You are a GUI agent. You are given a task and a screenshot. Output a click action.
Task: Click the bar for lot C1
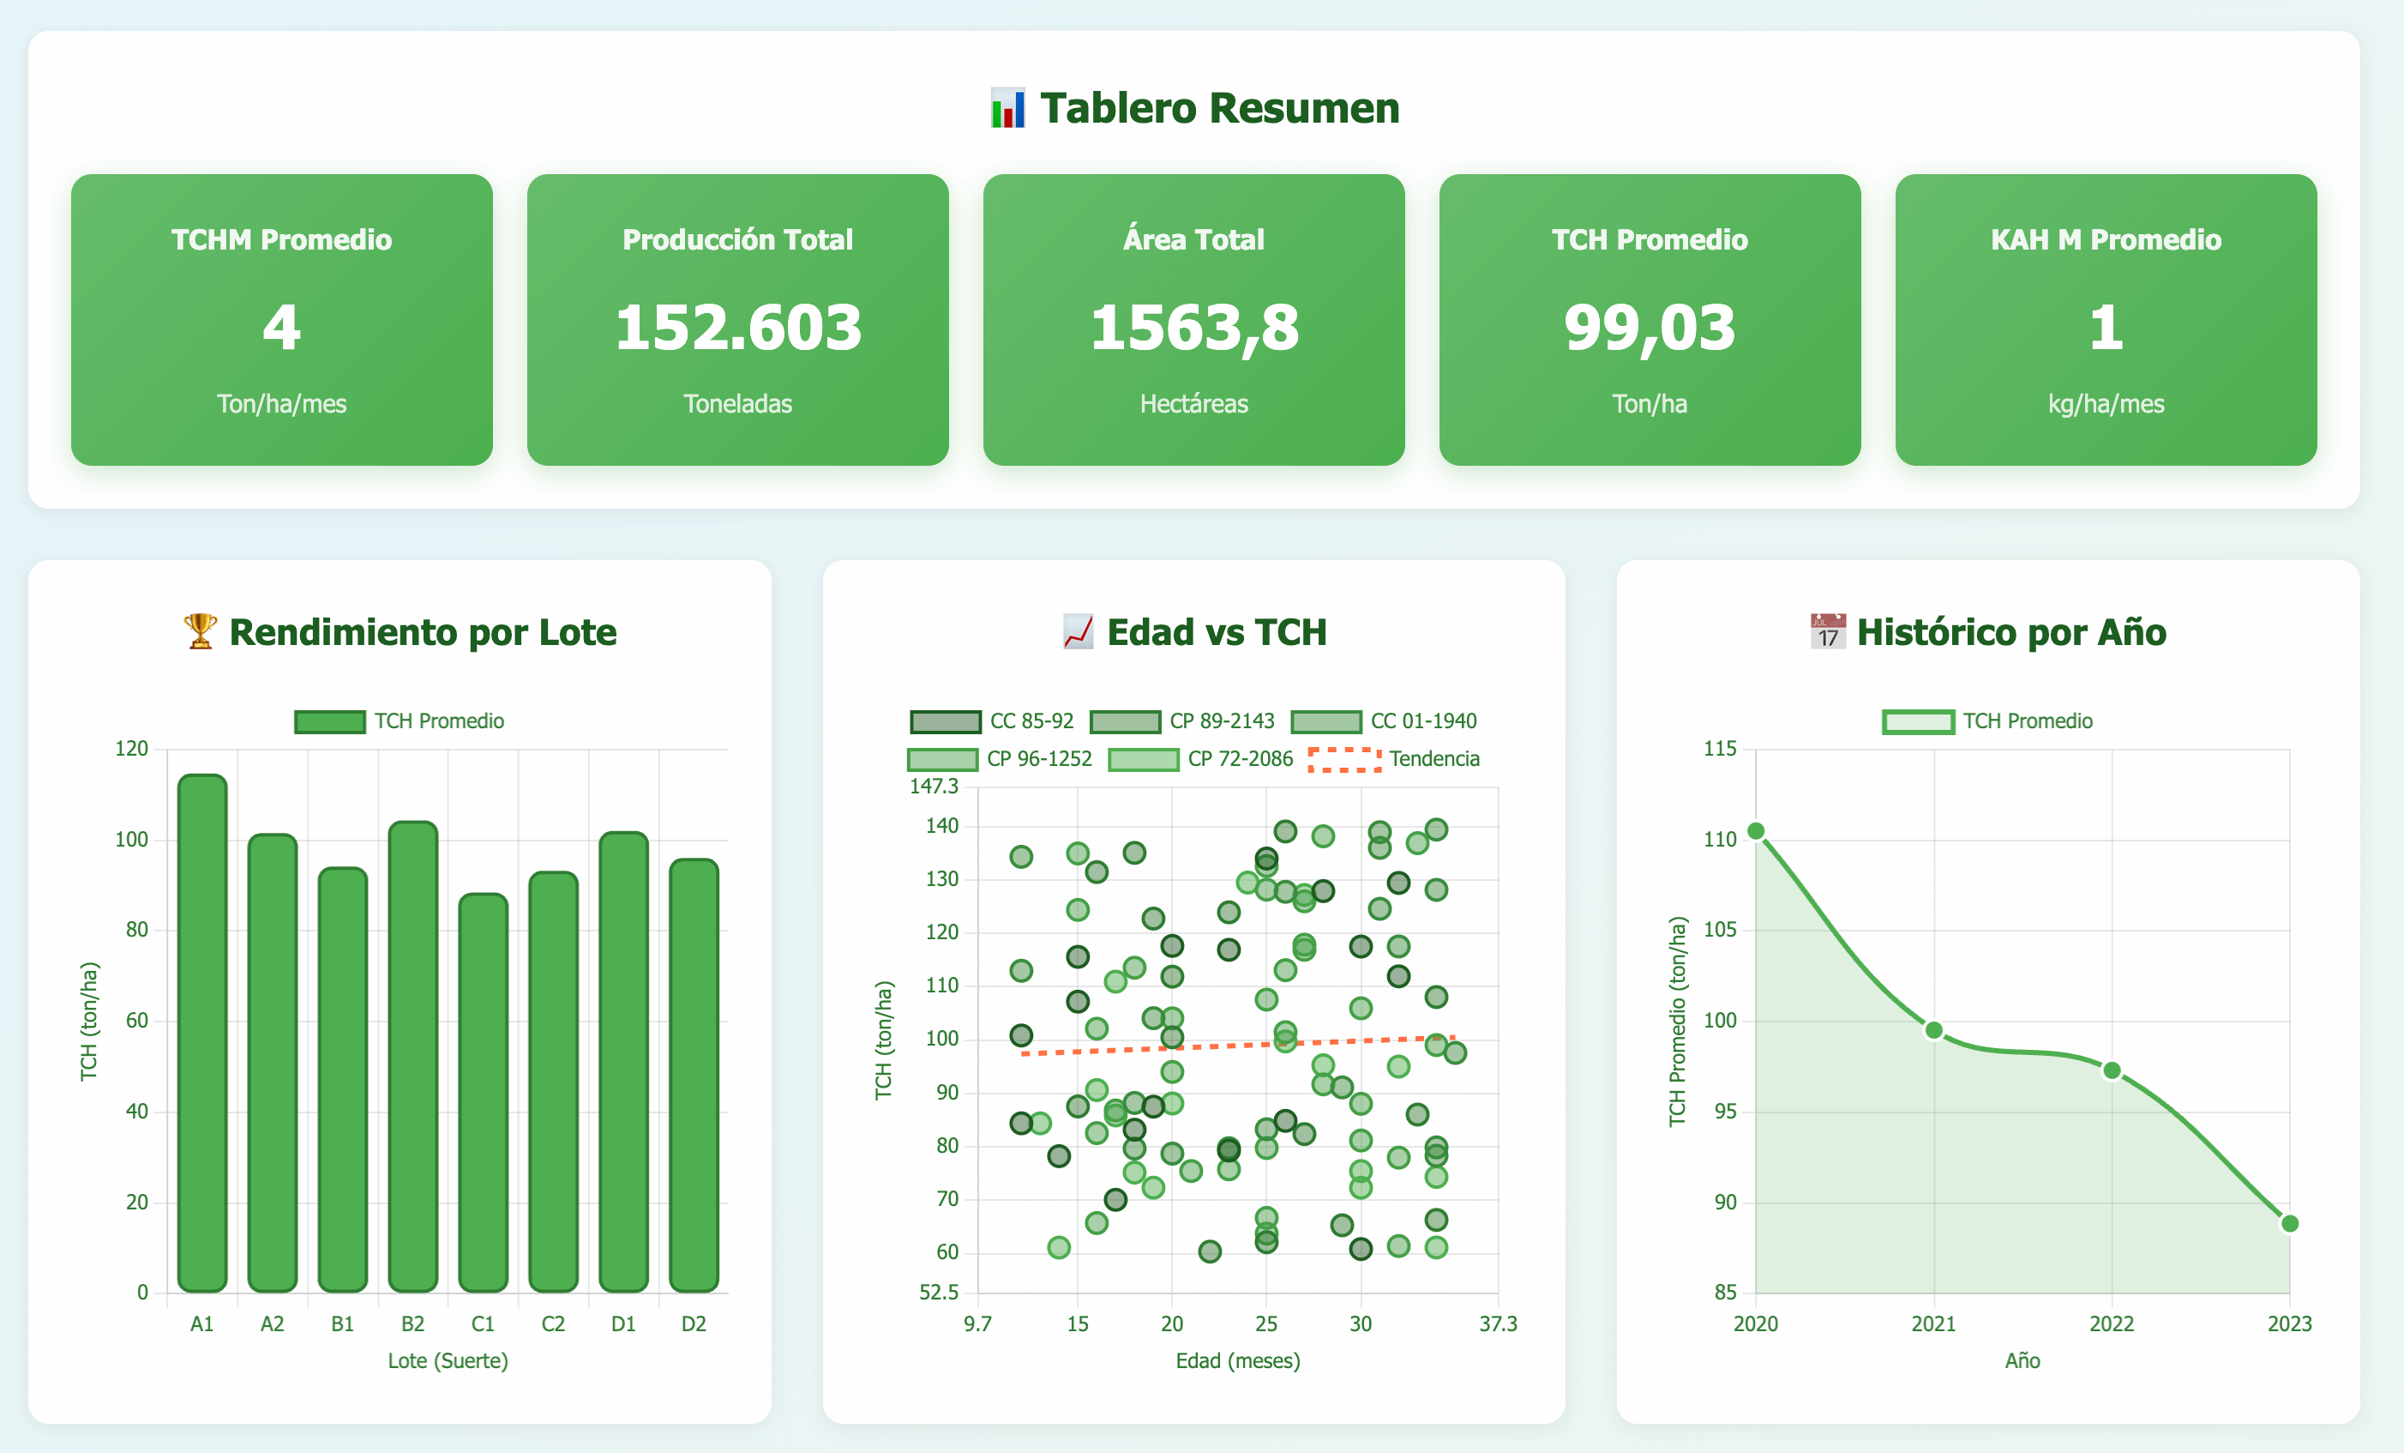click(x=483, y=1092)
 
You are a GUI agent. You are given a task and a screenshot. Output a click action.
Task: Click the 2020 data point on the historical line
click(x=1755, y=831)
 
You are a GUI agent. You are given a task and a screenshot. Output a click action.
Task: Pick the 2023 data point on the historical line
click(x=2289, y=1224)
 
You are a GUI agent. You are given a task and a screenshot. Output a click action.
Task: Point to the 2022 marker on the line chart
click(x=2112, y=1070)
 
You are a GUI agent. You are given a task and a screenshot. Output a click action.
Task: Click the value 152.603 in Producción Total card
click(x=737, y=327)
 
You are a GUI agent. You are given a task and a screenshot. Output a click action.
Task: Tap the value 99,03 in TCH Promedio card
click(x=1649, y=327)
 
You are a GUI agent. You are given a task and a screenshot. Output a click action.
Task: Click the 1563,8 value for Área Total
click(x=1193, y=327)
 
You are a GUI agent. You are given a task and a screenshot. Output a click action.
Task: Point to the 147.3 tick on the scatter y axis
click(x=934, y=787)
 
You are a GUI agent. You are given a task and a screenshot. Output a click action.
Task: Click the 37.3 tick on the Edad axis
click(x=1498, y=1324)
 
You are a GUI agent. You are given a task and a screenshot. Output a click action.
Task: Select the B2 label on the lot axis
click(x=412, y=1324)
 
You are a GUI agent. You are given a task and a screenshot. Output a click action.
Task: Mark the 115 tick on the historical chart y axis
click(x=1720, y=749)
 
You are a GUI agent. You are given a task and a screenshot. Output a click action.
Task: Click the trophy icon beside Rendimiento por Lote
click(x=200, y=631)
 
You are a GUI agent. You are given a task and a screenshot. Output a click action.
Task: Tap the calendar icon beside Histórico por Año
click(x=1827, y=631)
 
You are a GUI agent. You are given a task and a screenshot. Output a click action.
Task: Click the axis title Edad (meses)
click(x=1237, y=1360)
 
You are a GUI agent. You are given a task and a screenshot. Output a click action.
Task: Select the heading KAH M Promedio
click(x=2106, y=240)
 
